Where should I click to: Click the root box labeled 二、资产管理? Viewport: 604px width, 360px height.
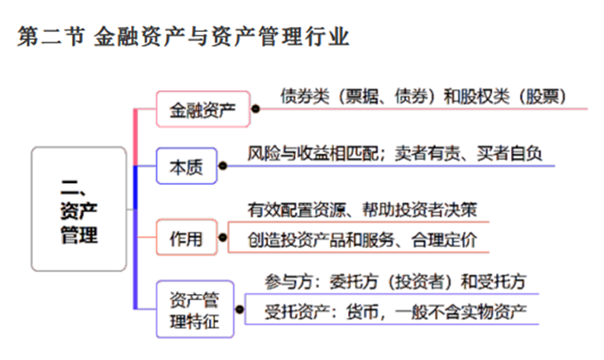[x=79, y=209]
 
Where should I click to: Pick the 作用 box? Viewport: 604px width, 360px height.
[x=187, y=237]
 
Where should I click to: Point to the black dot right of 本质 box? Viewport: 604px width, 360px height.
[x=223, y=166]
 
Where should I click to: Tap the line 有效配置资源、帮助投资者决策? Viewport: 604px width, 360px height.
[x=362, y=210]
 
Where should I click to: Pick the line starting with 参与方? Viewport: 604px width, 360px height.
[x=395, y=282]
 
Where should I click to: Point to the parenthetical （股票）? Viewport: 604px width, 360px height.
[x=543, y=95]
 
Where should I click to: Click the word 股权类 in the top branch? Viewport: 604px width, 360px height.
[x=481, y=95]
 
